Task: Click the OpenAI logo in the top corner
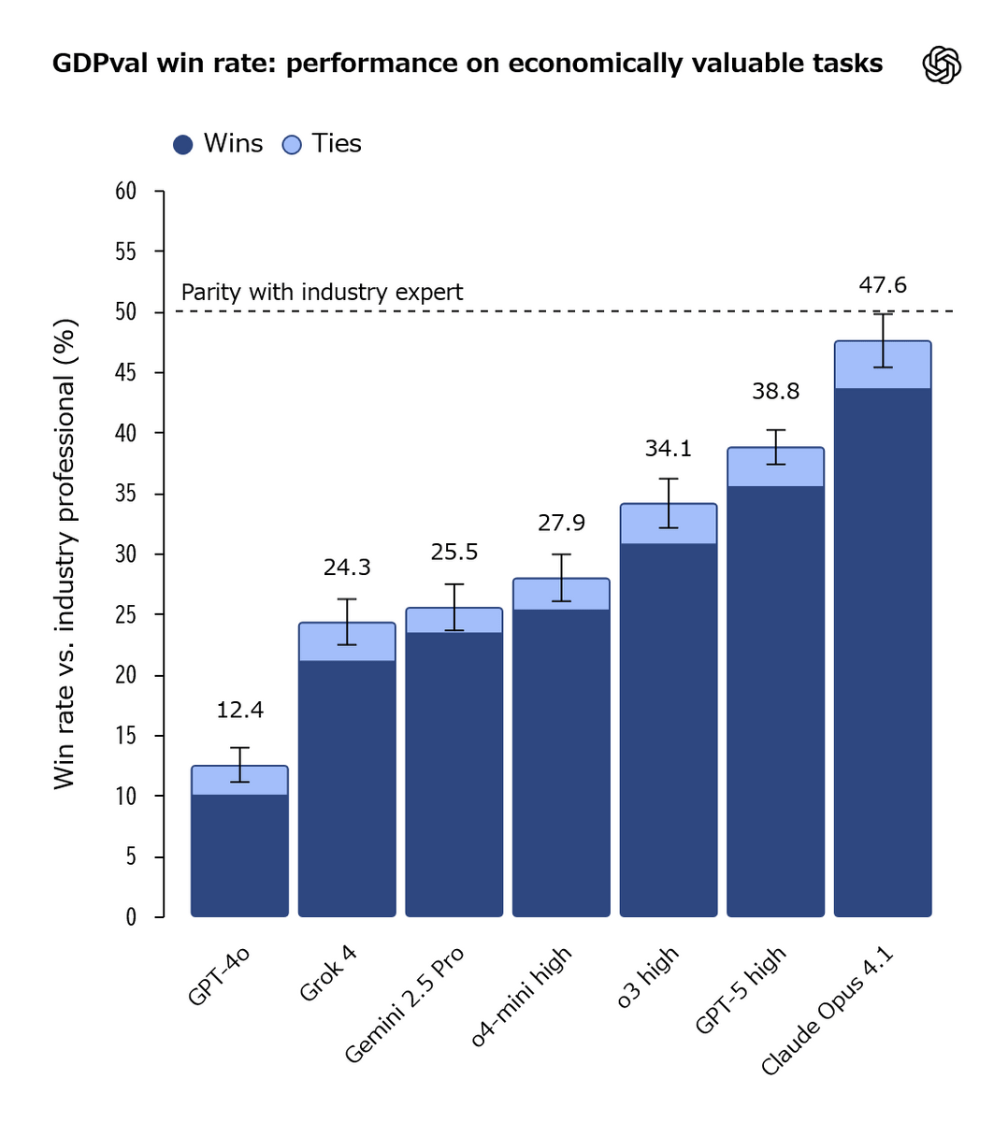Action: coord(942,65)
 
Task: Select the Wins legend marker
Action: coord(183,145)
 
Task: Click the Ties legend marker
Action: coord(292,145)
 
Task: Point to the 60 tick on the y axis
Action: coord(126,192)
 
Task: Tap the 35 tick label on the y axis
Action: coord(126,494)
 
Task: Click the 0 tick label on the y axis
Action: coord(131,917)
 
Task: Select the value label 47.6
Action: coord(883,285)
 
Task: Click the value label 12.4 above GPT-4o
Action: coord(240,711)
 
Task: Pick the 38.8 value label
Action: coord(775,392)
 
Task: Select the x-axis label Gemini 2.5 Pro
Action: coord(405,1004)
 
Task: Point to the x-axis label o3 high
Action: coord(648,976)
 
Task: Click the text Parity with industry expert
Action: coord(322,293)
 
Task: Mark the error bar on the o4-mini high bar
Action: coord(561,577)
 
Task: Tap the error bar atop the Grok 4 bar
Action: coord(347,622)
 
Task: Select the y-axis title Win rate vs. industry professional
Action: coord(64,554)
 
